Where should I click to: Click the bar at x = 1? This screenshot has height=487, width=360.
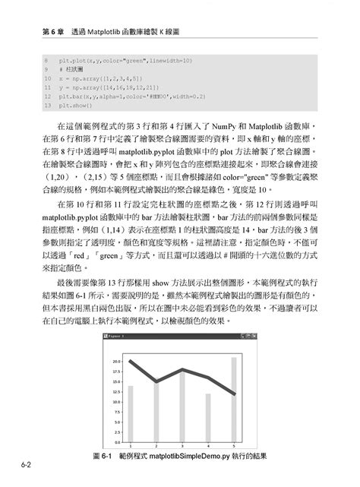(131, 413)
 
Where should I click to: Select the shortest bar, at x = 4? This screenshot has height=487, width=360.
(208, 418)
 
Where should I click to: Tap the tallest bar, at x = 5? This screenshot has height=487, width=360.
(234, 399)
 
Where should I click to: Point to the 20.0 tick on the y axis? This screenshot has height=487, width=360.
(115, 362)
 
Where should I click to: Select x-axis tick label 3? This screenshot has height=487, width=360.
(182, 446)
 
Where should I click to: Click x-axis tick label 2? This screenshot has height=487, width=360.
(156, 446)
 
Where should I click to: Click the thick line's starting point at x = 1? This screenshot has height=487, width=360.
(131, 362)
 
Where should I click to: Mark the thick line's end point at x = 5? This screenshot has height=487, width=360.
(234, 394)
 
